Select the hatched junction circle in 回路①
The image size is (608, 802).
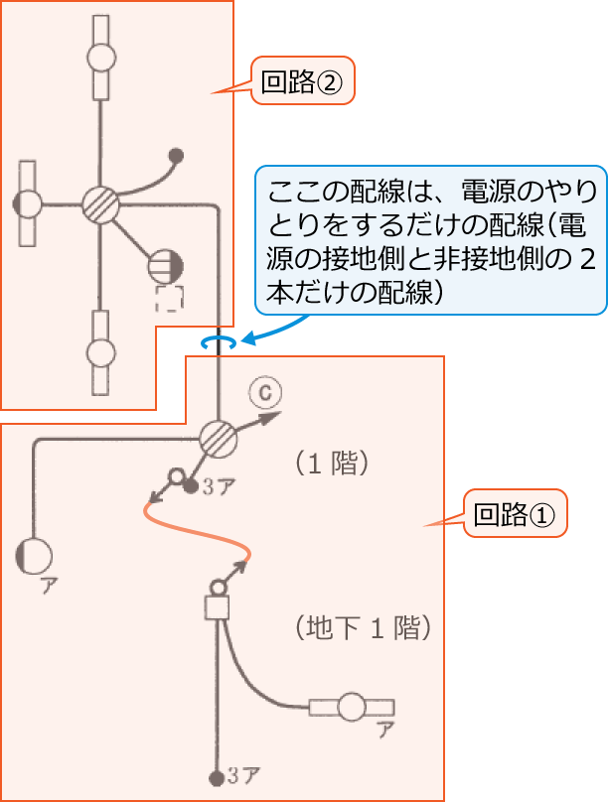click(x=217, y=437)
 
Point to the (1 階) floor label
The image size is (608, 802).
click(x=333, y=464)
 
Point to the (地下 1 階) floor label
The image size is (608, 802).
click(x=363, y=627)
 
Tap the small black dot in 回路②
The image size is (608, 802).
click(x=177, y=155)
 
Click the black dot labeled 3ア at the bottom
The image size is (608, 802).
click(x=216, y=777)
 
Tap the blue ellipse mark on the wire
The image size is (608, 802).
click(x=218, y=341)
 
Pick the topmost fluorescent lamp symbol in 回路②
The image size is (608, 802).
click(x=100, y=58)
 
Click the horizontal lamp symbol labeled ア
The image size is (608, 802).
click(x=352, y=708)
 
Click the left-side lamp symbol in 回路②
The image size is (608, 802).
click(x=29, y=204)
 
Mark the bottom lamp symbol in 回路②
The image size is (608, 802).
click(x=100, y=351)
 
